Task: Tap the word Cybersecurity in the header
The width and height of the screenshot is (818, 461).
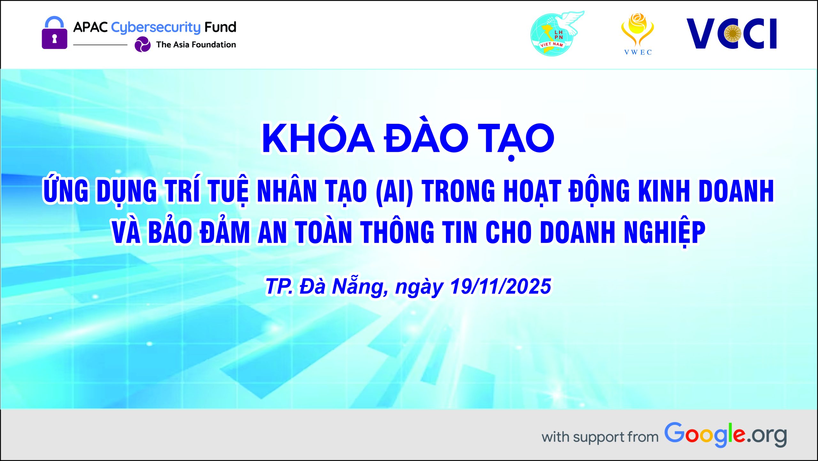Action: pos(156,28)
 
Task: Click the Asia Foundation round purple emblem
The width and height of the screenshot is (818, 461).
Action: pos(143,44)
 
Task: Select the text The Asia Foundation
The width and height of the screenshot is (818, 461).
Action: pos(196,44)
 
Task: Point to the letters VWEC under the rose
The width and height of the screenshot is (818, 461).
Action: pos(638,52)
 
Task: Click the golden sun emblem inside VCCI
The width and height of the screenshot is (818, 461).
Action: pos(733,34)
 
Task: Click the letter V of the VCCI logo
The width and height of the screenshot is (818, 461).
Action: pos(701,34)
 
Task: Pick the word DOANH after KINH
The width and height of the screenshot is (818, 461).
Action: pos(736,191)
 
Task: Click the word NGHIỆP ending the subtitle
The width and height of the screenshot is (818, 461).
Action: pos(664,233)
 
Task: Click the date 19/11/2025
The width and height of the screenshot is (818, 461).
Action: pos(500,286)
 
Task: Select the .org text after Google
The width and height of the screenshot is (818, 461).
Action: pos(767,435)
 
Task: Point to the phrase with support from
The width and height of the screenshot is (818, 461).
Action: pos(600,437)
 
